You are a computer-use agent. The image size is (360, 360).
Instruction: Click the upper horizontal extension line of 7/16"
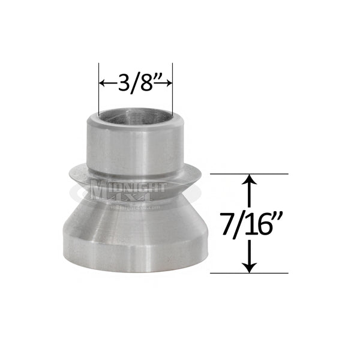coord(249,174)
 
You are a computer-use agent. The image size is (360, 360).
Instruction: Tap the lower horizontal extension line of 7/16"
coord(249,273)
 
